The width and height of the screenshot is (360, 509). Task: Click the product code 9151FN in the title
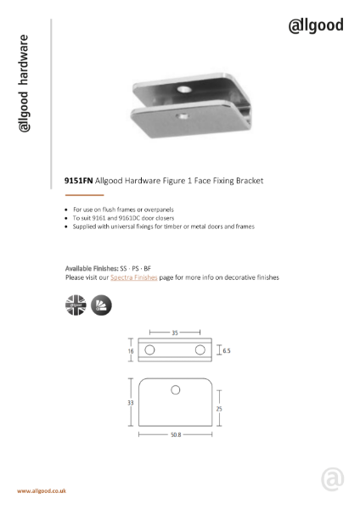tap(78, 181)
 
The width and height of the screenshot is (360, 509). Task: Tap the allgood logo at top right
tap(316, 25)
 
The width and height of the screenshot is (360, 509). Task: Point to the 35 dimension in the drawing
tap(175, 333)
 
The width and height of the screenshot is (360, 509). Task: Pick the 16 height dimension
tap(132, 350)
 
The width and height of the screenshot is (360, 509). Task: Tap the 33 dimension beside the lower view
tap(131, 403)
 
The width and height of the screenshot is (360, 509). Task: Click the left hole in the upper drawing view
tap(150, 350)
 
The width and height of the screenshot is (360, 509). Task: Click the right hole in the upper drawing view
tap(200, 350)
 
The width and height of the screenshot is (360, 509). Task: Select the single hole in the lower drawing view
tap(176, 390)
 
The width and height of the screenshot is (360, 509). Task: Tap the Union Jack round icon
tap(76, 305)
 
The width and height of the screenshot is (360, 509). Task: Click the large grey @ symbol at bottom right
tap(333, 478)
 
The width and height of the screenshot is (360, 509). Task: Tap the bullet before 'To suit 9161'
tap(66, 218)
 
